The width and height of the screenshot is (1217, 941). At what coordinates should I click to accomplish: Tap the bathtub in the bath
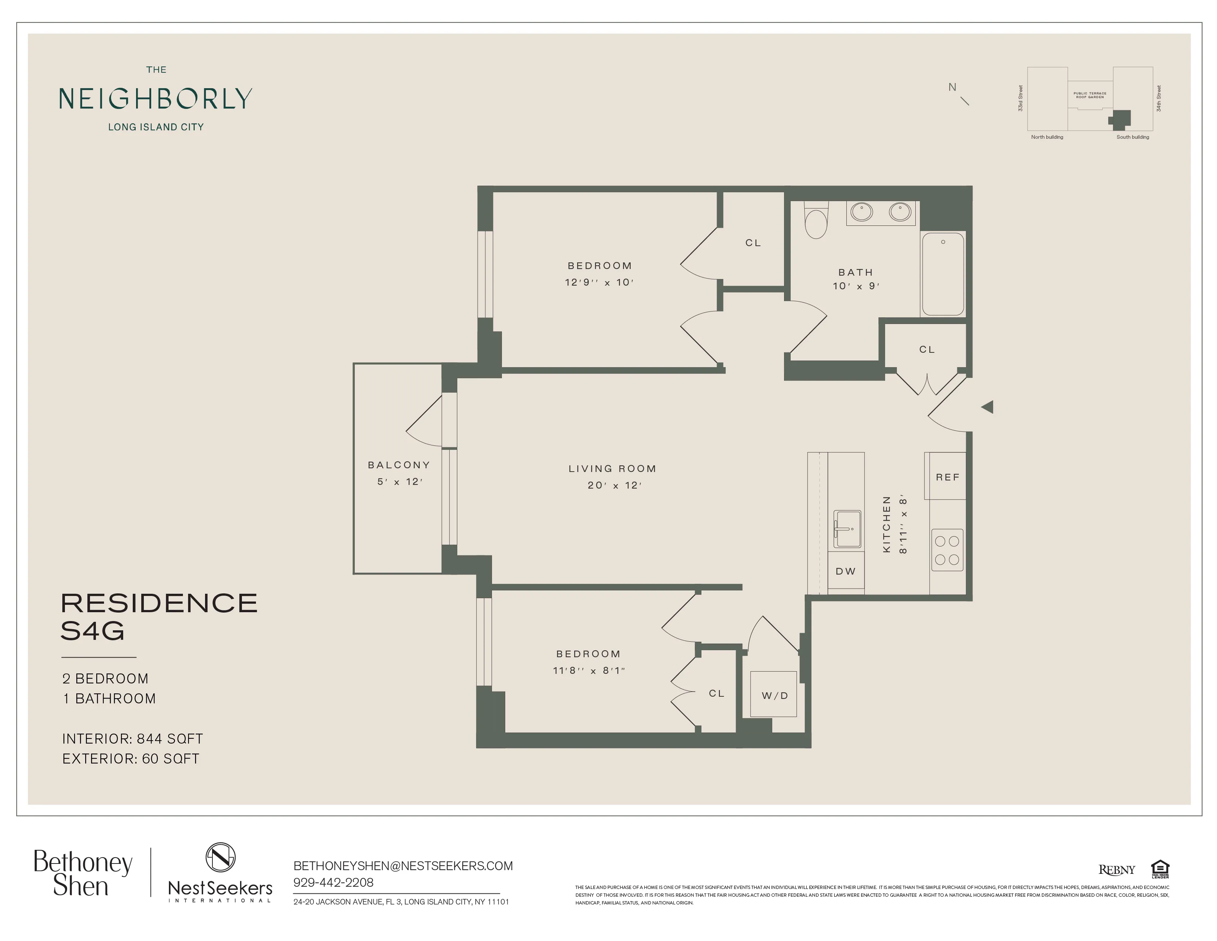943,274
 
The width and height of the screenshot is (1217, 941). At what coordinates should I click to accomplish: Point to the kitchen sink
847,528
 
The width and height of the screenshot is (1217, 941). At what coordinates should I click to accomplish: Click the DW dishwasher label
845,571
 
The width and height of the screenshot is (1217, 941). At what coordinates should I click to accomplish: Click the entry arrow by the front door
987,407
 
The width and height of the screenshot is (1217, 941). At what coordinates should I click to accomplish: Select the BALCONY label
398,465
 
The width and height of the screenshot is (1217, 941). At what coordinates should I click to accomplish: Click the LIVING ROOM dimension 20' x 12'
614,485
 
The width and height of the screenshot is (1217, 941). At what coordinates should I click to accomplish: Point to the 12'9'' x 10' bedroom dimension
599,282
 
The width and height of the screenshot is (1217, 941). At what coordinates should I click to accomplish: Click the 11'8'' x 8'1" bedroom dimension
589,670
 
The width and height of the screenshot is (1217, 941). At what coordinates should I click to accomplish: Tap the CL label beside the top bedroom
753,242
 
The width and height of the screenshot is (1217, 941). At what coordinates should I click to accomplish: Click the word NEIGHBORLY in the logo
156,99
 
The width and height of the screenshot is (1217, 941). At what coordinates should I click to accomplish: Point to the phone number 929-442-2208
333,882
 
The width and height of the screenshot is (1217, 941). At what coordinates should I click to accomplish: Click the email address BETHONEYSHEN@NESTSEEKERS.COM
403,866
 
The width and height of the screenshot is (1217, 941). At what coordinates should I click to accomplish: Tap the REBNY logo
1116,870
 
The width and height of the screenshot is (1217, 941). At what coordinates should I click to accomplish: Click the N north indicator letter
952,87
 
